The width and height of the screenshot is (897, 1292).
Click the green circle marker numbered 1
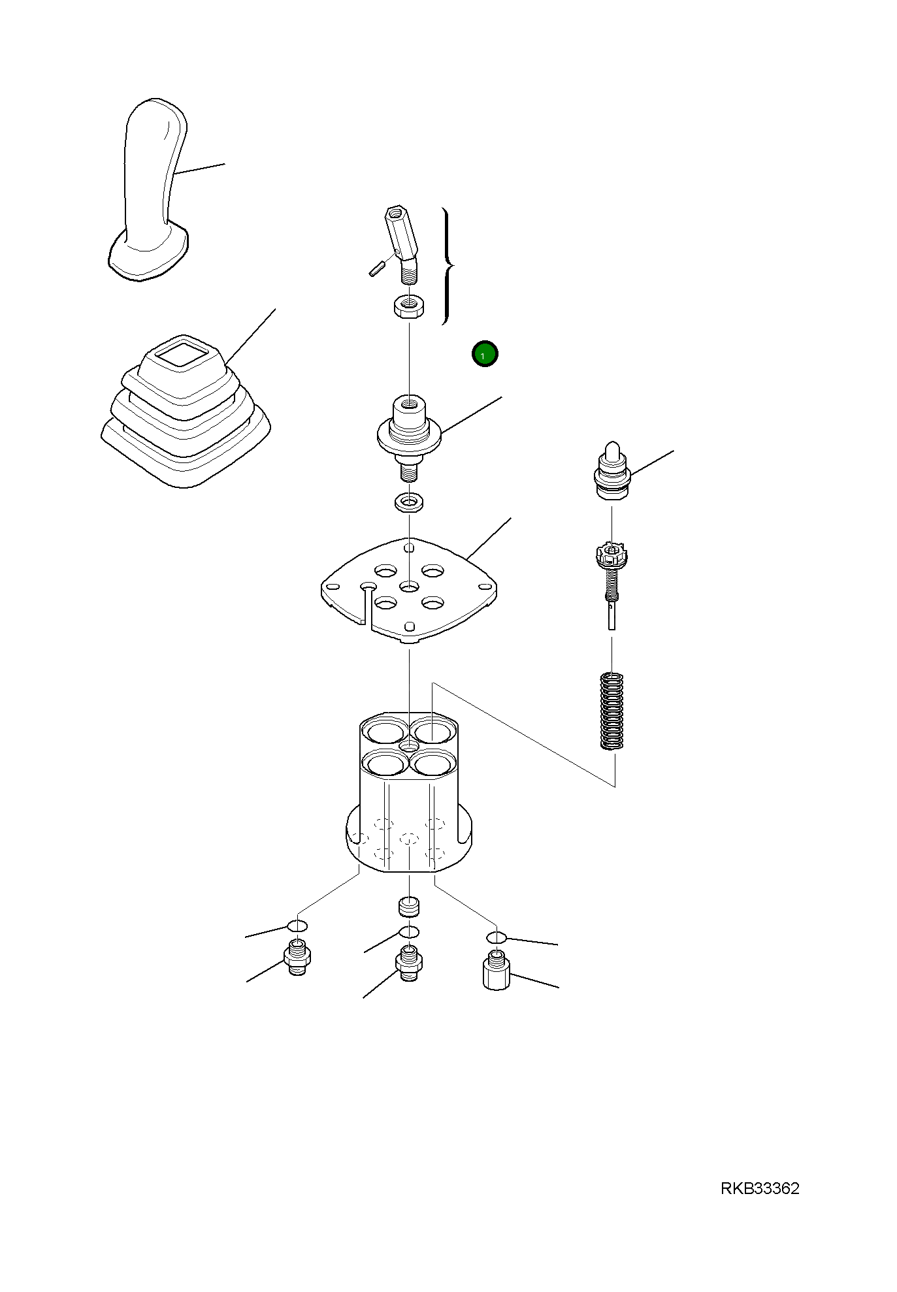pos(485,354)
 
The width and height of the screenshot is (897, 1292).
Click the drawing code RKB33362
pos(760,1188)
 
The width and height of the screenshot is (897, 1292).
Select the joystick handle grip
pos(149,190)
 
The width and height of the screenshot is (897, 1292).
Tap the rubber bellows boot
pos(186,411)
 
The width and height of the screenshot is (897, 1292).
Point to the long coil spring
pos(612,711)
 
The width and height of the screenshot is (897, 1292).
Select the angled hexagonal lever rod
pos(402,244)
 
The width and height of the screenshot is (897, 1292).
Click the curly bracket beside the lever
pos(448,266)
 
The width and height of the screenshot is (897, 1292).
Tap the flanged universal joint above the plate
pos(409,436)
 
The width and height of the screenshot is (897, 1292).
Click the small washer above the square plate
pos(410,502)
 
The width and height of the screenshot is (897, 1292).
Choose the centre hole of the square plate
pos(410,587)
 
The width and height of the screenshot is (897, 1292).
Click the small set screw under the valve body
pos(409,907)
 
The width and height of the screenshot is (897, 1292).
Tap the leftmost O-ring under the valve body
pos(297,926)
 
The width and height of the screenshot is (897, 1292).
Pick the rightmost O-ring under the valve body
pos(497,938)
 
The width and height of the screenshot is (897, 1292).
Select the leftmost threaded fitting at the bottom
pos(297,957)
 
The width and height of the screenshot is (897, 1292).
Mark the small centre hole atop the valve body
pos(410,746)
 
